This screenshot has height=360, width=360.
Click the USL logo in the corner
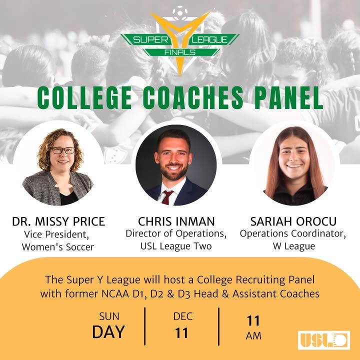point(323,340)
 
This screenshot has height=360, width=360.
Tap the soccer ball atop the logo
point(180,12)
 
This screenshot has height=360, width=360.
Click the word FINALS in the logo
point(180,52)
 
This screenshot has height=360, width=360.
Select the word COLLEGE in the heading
point(84,98)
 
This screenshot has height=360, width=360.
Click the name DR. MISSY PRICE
point(58,221)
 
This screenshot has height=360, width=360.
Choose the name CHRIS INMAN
point(176,221)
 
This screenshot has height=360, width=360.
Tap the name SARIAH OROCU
point(293,221)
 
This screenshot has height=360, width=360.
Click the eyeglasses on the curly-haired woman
point(63,150)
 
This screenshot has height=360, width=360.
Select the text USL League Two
point(176,246)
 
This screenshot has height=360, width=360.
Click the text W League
point(294,246)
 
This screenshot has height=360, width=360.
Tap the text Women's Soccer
point(58,247)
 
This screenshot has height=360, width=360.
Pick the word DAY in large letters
point(108,332)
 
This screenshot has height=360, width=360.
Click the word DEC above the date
point(183,316)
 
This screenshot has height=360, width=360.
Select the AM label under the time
point(253,336)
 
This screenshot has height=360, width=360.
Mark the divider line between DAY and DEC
point(145,326)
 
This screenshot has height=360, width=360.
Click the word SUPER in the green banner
point(151,40)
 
